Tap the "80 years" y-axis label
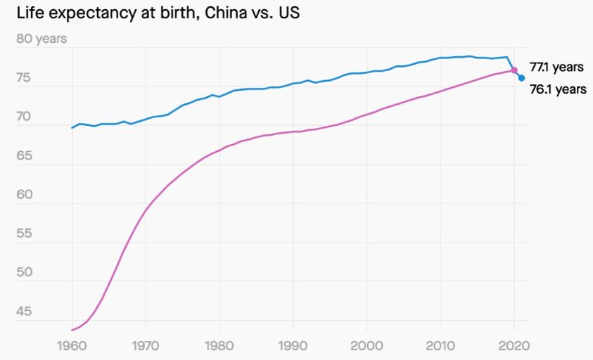pyautogui.click(x=41, y=39)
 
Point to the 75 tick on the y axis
pyautogui.click(x=25, y=78)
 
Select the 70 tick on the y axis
pyautogui.click(x=25, y=117)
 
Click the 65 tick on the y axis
pyautogui.click(x=25, y=156)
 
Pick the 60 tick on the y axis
pyautogui.click(x=25, y=195)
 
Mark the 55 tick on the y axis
pyautogui.click(x=25, y=233)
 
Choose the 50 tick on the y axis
pyautogui.click(x=25, y=273)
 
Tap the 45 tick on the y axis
pyautogui.click(x=25, y=311)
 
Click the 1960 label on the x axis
pyautogui.click(x=72, y=346)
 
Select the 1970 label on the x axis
pyautogui.click(x=146, y=346)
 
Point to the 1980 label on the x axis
pyautogui.click(x=219, y=346)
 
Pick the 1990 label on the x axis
pyautogui.click(x=293, y=346)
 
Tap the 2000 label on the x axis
pyautogui.click(x=366, y=346)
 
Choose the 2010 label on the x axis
pyautogui.click(x=440, y=346)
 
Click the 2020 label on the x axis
pyautogui.click(x=514, y=346)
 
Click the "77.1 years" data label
pyautogui.click(x=556, y=67)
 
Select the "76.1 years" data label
pyautogui.click(x=557, y=89)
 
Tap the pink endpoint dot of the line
pyautogui.click(x=514, y=70)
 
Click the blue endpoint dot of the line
pyautogui.click(x=521, y=78)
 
